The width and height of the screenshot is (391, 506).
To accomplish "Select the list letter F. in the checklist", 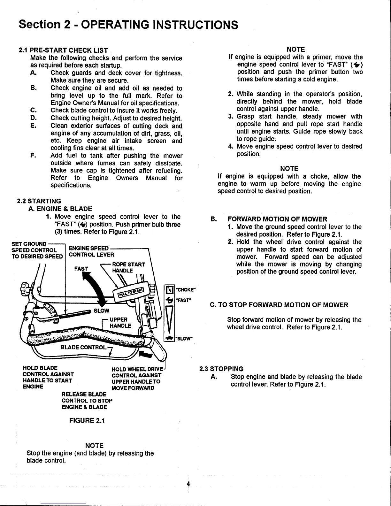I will [x=33, y=156].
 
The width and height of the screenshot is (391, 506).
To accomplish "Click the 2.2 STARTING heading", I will [x=39, y=201].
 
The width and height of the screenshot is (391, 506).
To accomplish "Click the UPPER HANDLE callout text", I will [x=120, y=323].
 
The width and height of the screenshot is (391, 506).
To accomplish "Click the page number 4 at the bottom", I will [x=188, y=484].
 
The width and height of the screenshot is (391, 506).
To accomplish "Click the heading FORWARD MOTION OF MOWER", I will [x=277, y=219].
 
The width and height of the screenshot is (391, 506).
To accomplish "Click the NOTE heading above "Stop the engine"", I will [x=95, y=445].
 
